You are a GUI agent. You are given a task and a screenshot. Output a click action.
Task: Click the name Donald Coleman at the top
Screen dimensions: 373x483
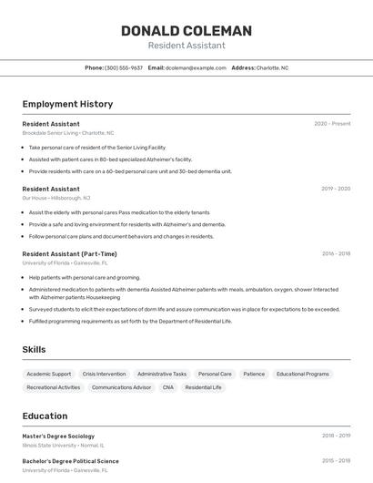pos(186,31)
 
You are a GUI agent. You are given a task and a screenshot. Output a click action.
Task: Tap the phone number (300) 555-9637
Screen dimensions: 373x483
pos(124,67)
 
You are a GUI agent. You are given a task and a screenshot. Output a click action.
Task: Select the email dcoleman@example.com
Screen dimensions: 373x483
pos(196,67)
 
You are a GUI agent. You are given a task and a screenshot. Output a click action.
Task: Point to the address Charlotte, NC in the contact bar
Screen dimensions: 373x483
pos(272,67)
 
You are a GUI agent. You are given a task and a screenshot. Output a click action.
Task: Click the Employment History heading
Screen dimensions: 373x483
pos(67,104)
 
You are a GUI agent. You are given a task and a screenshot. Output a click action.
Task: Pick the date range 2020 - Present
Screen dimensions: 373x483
pos(332,123)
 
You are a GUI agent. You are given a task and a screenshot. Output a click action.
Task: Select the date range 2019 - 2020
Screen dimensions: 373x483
pos(335,189)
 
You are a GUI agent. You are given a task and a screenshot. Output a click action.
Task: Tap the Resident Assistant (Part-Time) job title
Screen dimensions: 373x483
pos(69,253)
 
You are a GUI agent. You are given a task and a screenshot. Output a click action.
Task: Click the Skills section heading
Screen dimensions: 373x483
pos(34,349)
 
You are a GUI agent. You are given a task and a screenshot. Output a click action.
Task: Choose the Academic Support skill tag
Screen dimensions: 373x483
pos(49,374)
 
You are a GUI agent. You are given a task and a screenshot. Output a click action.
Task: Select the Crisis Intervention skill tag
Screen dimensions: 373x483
pos(104,374)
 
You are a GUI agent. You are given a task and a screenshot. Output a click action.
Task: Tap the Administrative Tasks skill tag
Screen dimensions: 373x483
pos(162,374)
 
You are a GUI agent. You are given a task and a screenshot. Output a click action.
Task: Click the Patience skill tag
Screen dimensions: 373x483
pos(254,374)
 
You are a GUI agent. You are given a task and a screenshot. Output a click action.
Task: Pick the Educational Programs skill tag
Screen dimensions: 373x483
pos(303,374)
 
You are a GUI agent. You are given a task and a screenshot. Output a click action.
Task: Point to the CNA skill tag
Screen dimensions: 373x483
pos(167,387)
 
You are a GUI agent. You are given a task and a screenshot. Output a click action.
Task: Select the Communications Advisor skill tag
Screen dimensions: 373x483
pos(121,387)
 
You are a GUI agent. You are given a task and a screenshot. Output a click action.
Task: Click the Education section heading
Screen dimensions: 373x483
pos(45,416)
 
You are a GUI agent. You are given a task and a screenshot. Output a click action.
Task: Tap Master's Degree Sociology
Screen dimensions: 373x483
pos(58,436)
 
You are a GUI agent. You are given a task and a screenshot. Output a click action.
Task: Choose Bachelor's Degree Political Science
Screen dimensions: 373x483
pos(70,461)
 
